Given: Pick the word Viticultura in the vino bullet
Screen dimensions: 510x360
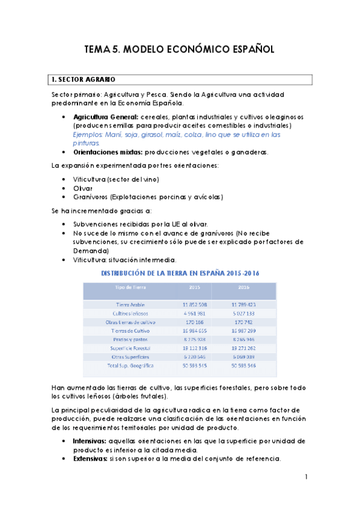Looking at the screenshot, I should [x=88, y=179].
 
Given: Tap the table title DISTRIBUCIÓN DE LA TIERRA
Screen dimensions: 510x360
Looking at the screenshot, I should [x=148, y=272].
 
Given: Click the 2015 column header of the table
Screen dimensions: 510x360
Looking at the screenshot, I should [x=195, y=286].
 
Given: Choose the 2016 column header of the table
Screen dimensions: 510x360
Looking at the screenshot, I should [x=243, y=286].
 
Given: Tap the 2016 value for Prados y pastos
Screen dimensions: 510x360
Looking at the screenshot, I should [x=242, y=339].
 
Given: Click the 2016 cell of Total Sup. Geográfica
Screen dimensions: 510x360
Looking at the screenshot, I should [x=242, y=365].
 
